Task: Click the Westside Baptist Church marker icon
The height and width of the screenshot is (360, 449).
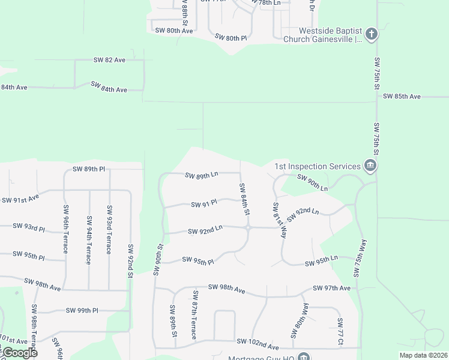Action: [372, 34]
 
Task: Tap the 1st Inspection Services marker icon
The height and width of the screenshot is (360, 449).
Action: [370, 166]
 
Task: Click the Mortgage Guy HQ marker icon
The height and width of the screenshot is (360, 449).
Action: [304, 357]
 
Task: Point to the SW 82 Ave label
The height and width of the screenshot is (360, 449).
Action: [109, 60]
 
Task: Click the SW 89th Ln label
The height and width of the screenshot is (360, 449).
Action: [201, 176]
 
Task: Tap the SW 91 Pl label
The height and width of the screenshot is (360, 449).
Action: [204, 205]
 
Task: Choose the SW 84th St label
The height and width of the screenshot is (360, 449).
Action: [245, 199]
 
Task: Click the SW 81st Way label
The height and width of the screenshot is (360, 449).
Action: [278, 220]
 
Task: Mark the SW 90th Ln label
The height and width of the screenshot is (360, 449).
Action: [313, 184]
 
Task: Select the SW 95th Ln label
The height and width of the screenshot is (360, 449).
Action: [321, 263]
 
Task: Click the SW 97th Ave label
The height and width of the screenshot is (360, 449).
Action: [331, 289]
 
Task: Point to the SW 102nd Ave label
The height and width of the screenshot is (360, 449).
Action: [258, 346]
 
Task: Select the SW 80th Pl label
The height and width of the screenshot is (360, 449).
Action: [231, 37]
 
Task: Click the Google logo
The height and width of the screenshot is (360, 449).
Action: [19, 353]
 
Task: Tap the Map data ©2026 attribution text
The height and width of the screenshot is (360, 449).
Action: [423, 355]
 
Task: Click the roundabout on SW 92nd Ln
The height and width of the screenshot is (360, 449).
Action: [248, 227]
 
